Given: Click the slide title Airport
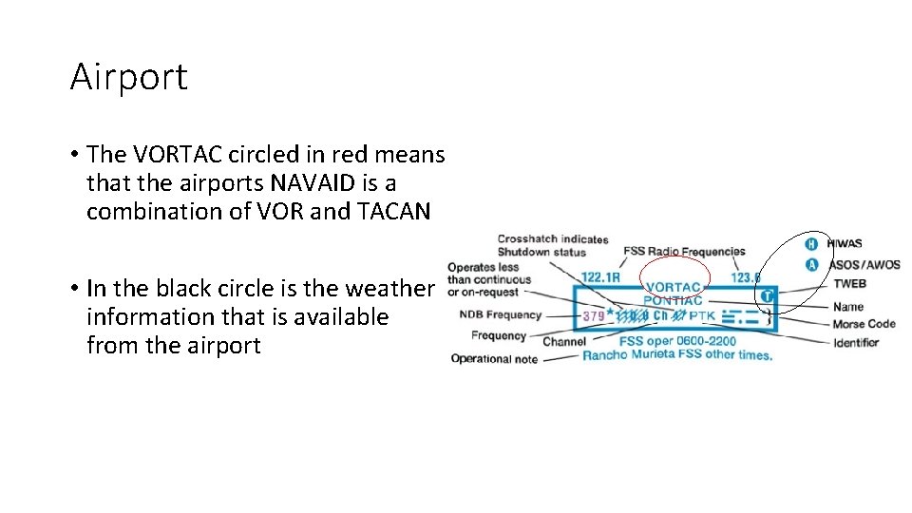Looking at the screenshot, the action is point(129,77).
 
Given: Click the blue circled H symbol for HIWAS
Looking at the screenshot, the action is point(811,244).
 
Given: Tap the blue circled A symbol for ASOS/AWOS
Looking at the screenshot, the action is point(811,265).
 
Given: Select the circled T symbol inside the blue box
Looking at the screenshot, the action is point(768,296).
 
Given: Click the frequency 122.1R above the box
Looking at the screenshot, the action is point(600,277).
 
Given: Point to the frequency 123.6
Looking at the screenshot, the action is point(746,277).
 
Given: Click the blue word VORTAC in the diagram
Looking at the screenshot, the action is point(674,287).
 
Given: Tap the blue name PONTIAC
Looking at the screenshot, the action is point(674,301).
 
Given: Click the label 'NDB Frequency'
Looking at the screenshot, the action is point(500,314).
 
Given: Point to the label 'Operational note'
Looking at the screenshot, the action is point(494,359).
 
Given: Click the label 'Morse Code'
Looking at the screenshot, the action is point(864,324).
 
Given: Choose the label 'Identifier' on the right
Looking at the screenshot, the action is point(856,342).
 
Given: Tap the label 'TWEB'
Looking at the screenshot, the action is point(849,284).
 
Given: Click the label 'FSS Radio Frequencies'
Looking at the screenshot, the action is point(684,252).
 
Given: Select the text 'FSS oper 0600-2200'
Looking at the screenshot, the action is point(677,341).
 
